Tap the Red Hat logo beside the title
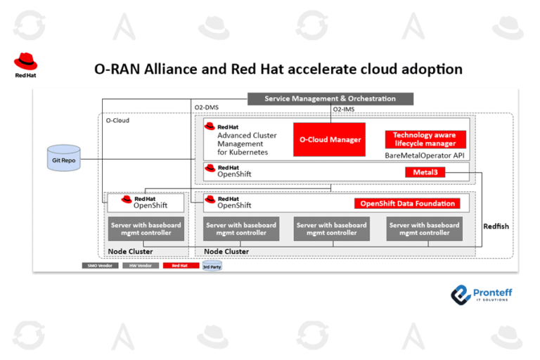pyautogui.click(x=26, y=65)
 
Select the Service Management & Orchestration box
pyautogui.click(x=330, y=98)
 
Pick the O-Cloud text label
pyautogui.click(x=117, y=120)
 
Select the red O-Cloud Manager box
pyautogui.click(x=330, y=139)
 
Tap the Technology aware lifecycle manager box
pyautogui.click(x=424, y=139)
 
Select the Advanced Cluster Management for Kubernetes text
pyautogui.click(x=246, y=143)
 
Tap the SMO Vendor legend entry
pyautogui.click(x=99, y=266)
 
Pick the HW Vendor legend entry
pyautogui.click(x=140, y=266)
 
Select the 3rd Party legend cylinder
pyautogui.click(x=212, y=266)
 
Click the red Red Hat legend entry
pyautogui.click(x=179, y=266)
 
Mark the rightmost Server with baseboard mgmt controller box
pyautogui.click(x=424, y=229)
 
